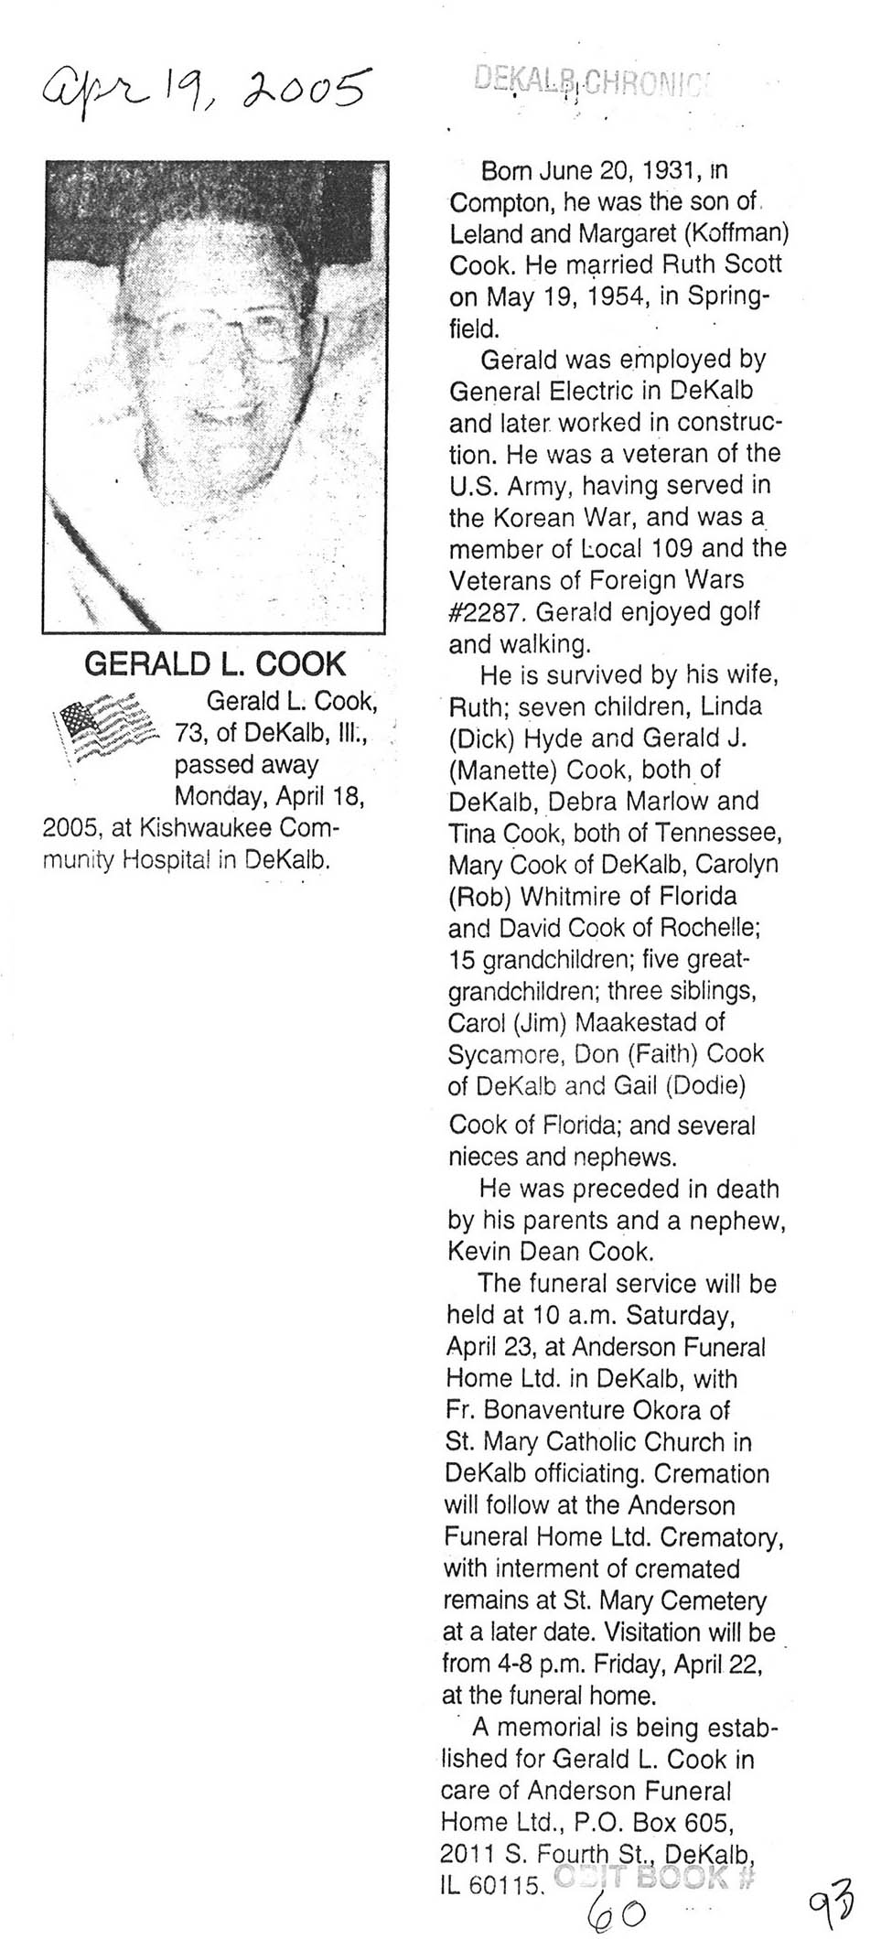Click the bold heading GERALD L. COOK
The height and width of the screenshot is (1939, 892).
pyautogui.click(x=215, y=662)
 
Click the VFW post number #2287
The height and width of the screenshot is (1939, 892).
pyautogui.click(x=485, y=611)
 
